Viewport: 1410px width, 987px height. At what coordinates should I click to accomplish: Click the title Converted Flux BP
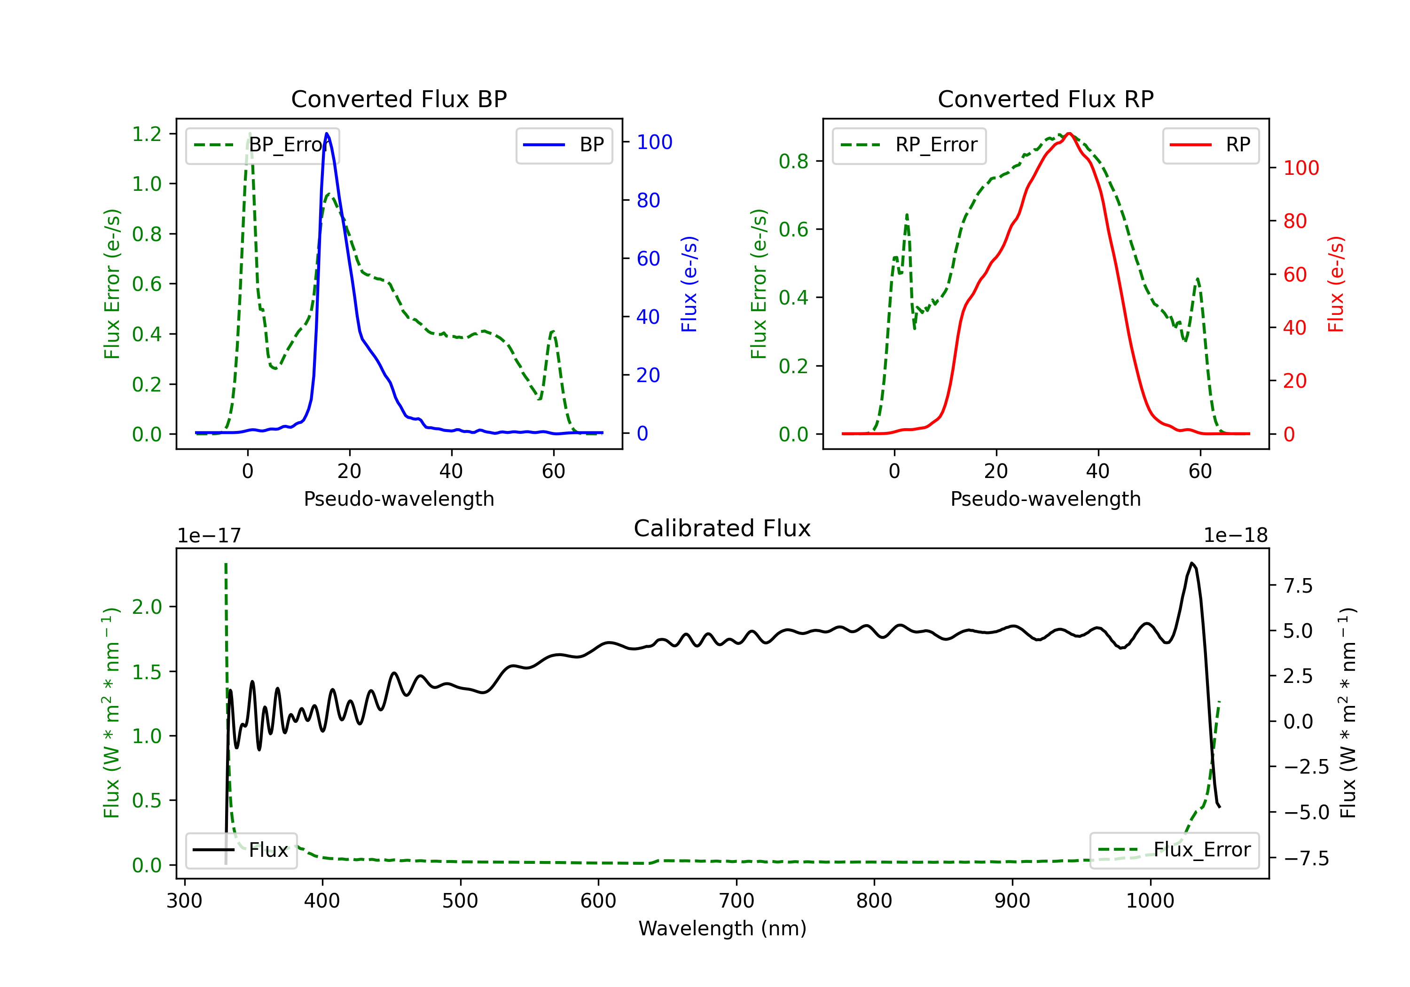(x=399, y=99)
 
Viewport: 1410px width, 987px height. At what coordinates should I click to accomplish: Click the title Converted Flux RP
(x=1045, y=99)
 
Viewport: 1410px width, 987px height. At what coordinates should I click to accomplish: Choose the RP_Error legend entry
(x=909, y=145)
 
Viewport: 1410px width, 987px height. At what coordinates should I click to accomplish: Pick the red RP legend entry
(x=1210, y=145)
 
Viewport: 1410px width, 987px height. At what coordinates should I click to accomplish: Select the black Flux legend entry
(x=242, y=850)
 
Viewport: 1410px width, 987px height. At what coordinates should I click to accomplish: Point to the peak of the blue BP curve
(x=327, y=134)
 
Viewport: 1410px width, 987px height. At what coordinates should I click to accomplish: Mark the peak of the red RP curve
(x=1069, y=133)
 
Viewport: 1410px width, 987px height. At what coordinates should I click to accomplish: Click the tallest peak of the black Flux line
(x=1191, y=563)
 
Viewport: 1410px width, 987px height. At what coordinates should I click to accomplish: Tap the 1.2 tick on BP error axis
(x=147, y=134)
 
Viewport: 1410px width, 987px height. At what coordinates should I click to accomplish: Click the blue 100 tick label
(x=654, y=142)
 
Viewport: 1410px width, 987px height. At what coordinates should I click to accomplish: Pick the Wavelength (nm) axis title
(x=722, y=928)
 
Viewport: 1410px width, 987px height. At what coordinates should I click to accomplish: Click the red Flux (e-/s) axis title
(x=1336, y=284)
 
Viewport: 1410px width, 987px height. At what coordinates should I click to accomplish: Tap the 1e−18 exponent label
(x=1235, y=536)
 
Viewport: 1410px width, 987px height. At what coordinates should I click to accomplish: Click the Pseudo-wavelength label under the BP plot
(x=399, y=499)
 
